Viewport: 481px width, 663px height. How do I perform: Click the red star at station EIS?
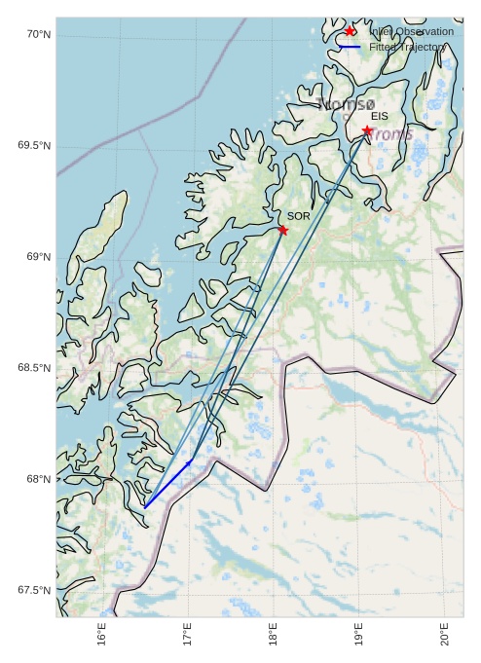pyautogui.click(x=367, y=130)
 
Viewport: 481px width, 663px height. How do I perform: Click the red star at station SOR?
pyautogui.click(x=282, y=230)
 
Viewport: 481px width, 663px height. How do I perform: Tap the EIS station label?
pyautogui.click(x=380, y=117)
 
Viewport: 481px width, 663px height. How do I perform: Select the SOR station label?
pyautogui.click(x=298, y=216)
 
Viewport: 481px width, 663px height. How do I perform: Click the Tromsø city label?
pyautogui.click(x=346, y=104)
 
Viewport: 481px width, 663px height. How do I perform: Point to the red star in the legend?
pyautogui.click(x=351, y=31)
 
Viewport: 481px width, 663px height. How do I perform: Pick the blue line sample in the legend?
pyautogui.click(x=351, y=47)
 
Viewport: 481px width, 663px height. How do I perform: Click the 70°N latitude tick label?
pyautogui.click(x=38, y=35)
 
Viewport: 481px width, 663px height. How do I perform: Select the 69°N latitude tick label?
pyautogui.click(x=38, y=257)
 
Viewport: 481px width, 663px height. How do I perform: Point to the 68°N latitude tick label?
pyautogui.click(x=38, y=479)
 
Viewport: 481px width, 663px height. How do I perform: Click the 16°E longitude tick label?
pyautogui.click(x=102, y=635)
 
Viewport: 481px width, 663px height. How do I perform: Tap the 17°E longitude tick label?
pyautogui.click(x=188, y=635)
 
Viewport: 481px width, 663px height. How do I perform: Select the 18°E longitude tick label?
pyautogui.click(x=274, y=635)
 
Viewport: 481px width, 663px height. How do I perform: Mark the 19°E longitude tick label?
pyautogui.click(x=359, y=635)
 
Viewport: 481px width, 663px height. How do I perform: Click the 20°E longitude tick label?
pyautogui.click(x=445, y=635)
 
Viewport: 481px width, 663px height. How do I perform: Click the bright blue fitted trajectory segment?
pyautogui.click(x=167, y=483)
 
